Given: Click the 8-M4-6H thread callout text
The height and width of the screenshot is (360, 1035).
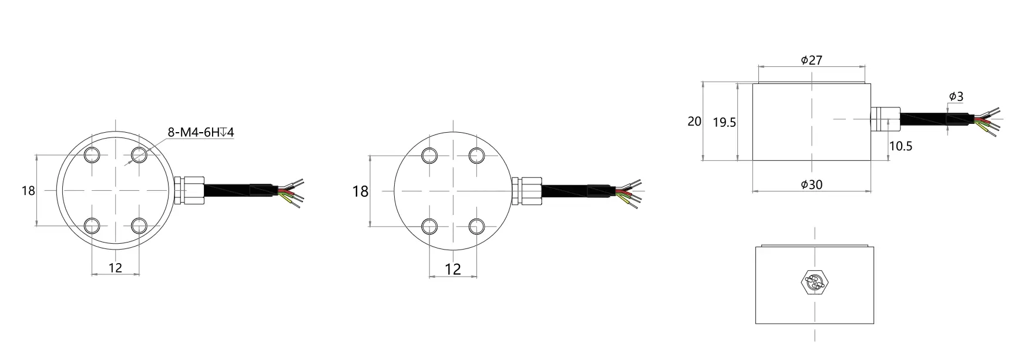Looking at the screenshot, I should [200, 132].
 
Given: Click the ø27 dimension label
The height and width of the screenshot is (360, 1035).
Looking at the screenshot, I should [811, 60].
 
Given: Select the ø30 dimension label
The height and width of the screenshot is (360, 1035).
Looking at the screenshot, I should [811, 184].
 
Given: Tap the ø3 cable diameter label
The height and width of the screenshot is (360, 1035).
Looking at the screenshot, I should [956, 97].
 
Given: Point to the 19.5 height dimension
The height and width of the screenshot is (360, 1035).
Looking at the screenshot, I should [724, 123].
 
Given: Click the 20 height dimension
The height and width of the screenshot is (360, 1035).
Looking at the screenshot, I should [694, 122].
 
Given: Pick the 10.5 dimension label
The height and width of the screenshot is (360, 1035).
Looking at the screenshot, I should [900, 146].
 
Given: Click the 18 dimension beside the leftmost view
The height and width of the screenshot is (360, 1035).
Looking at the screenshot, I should [28, 191].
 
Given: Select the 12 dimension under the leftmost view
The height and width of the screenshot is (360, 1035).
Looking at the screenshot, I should [116, 268].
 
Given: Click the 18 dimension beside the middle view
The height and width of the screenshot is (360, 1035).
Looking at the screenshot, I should [360, 191].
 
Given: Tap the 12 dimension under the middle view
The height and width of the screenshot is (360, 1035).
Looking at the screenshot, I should [453, 269].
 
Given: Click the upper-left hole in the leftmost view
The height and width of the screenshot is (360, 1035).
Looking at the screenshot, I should [92, 155].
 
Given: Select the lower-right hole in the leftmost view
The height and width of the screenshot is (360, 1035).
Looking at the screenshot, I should [139, 226].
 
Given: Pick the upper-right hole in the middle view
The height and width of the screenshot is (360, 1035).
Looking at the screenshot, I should [477, 155].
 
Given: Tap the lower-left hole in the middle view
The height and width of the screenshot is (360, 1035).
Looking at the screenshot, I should [430, 226].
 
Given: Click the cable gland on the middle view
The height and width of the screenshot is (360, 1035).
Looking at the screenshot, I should [526, 191].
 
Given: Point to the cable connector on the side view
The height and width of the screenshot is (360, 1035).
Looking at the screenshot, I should [885, 118].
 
